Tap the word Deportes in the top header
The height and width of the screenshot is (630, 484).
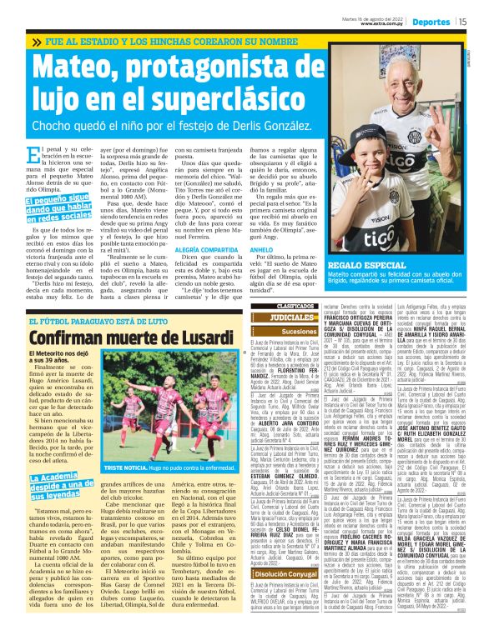pyautogui.click(x=431, y=22)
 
